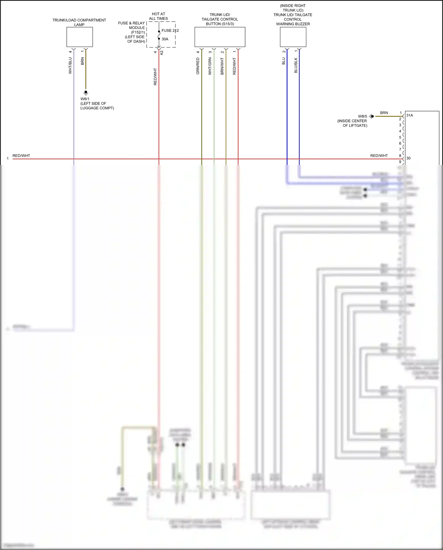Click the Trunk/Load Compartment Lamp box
tap(79, 37)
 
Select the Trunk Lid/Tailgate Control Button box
tap(220, 37)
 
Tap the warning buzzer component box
tap(293, 37)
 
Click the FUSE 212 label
tap(170, 30)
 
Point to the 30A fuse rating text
tap(165, 39)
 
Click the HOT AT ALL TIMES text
tap(158, 16)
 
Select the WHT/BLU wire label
tap(70, 66)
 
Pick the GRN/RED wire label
tap(198, 66)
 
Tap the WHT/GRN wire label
tap(210, 66)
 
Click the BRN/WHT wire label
tap(222, 66)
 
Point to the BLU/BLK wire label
tap(296, 65)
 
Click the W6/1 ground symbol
tap(86, 93)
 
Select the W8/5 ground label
tap(362, 116)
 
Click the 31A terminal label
tap(410, 115)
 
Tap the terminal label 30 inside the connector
tap(408, 158)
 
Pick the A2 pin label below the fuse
tap(162, 53)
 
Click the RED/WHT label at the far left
tap(21, 156)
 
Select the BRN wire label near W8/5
tap(384, 113)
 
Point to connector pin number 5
tap(400, 137)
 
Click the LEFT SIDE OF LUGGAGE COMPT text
tap(97, 106)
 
